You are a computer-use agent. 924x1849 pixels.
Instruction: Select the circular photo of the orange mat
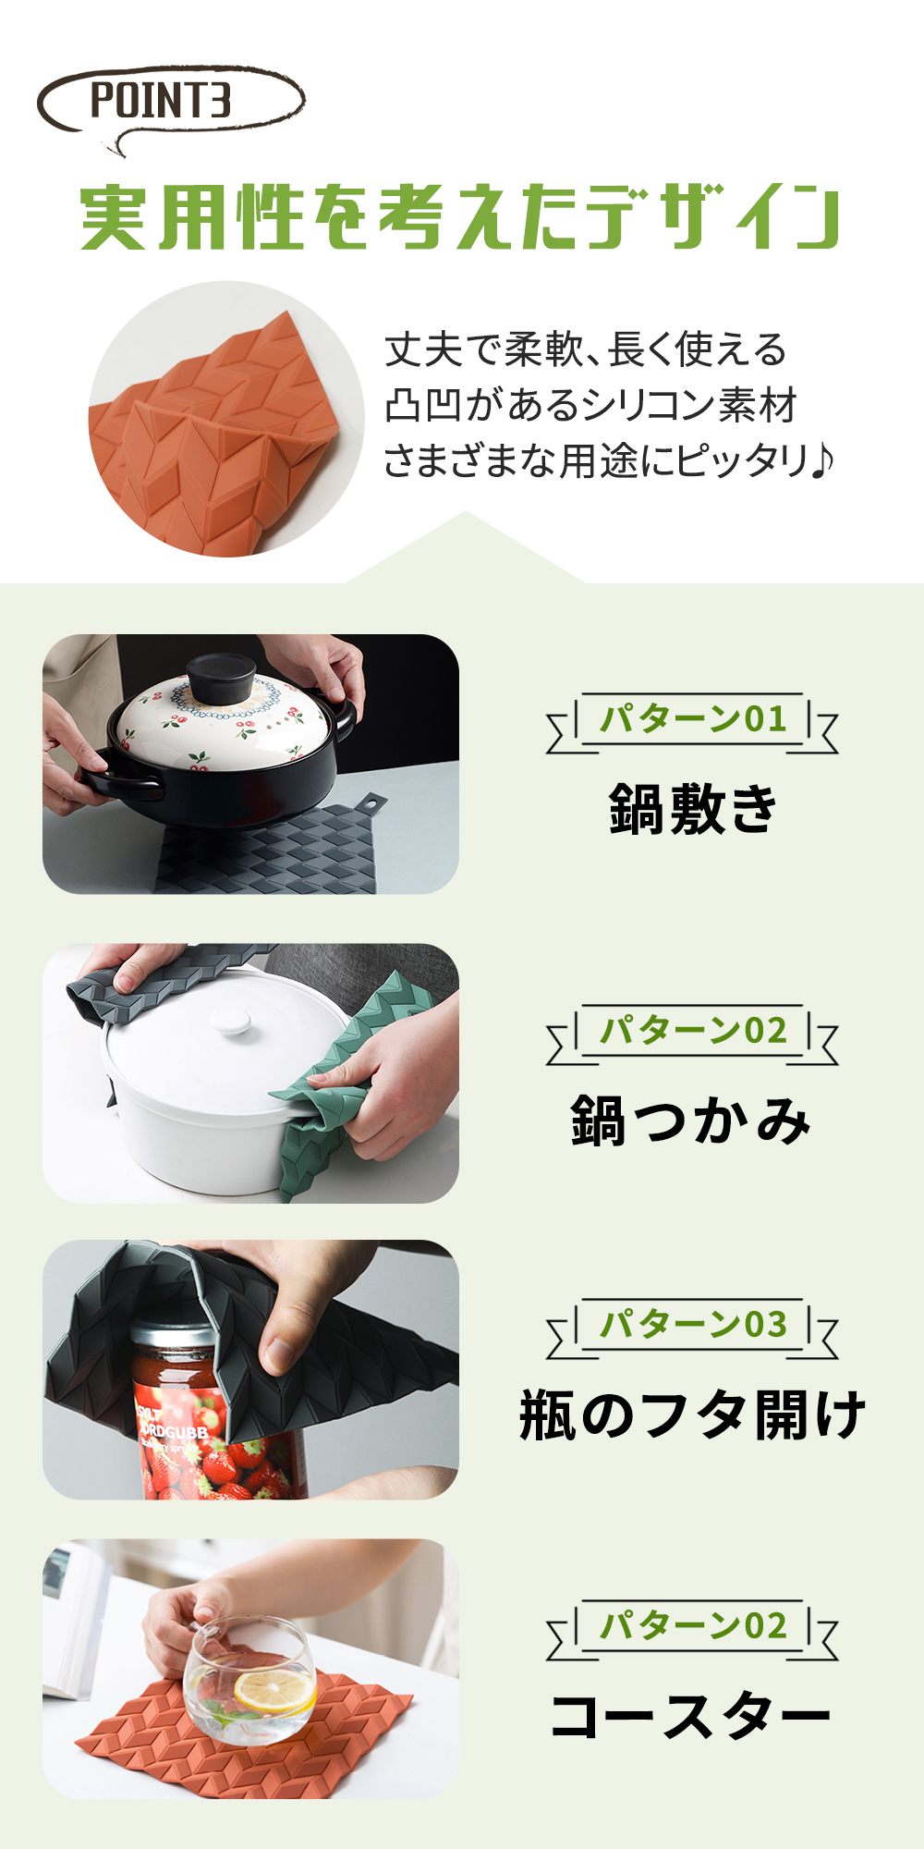click(226, 418)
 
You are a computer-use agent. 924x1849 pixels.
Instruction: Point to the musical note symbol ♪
click(821, 459)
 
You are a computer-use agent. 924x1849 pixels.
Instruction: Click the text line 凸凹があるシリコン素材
click(590, 405)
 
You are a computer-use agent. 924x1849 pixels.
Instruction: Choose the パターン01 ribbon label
click(692, 719)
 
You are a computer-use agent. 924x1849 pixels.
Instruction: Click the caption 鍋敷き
click(693, 807)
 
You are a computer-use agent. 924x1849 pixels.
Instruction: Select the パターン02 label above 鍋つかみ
click(692, 1031)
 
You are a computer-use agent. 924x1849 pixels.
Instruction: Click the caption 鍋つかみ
click(691, 1120)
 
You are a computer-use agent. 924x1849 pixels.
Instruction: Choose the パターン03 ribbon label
click(692, 1325)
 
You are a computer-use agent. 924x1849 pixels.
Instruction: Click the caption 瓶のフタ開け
click(692, 1414)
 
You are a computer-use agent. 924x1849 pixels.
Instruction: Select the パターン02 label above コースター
click(692, 1626)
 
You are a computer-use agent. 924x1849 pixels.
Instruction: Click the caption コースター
click(691, 1716)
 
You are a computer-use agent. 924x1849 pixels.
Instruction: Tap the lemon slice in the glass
click(274, 1690)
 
